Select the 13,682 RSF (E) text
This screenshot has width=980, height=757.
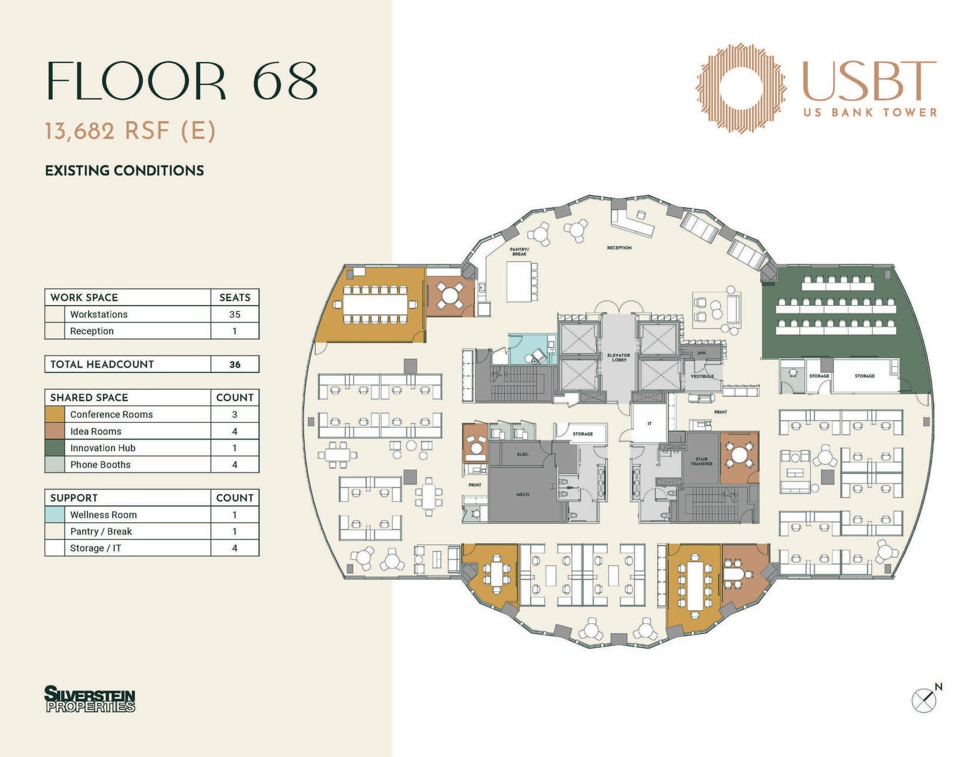coord(130,131)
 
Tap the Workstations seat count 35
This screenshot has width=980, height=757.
coord(234,314)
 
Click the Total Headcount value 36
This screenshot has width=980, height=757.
coord(234,364)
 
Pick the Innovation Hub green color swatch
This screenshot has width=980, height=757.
coord(55,448)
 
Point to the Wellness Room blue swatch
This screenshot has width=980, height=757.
coord(55,515)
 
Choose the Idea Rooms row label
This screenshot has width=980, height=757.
coord(96,431)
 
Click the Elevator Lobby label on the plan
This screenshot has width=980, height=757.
coord(618,357)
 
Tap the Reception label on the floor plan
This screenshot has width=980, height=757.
coord(619,248)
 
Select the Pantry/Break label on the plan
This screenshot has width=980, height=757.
coord(519,252)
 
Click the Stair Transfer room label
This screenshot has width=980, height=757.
coord(701,461)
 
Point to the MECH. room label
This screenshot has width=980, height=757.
coord(523,494)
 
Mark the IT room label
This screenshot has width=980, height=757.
coord(649,424)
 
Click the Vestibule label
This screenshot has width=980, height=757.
coord(702,376)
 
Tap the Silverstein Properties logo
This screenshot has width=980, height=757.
coord(90,699)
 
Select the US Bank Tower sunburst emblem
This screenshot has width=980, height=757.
coord(741,88)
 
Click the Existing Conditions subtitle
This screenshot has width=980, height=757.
coord(124,171)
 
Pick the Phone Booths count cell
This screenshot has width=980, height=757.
coord(234,465)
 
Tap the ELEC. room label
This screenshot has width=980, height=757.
coord(523,454)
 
